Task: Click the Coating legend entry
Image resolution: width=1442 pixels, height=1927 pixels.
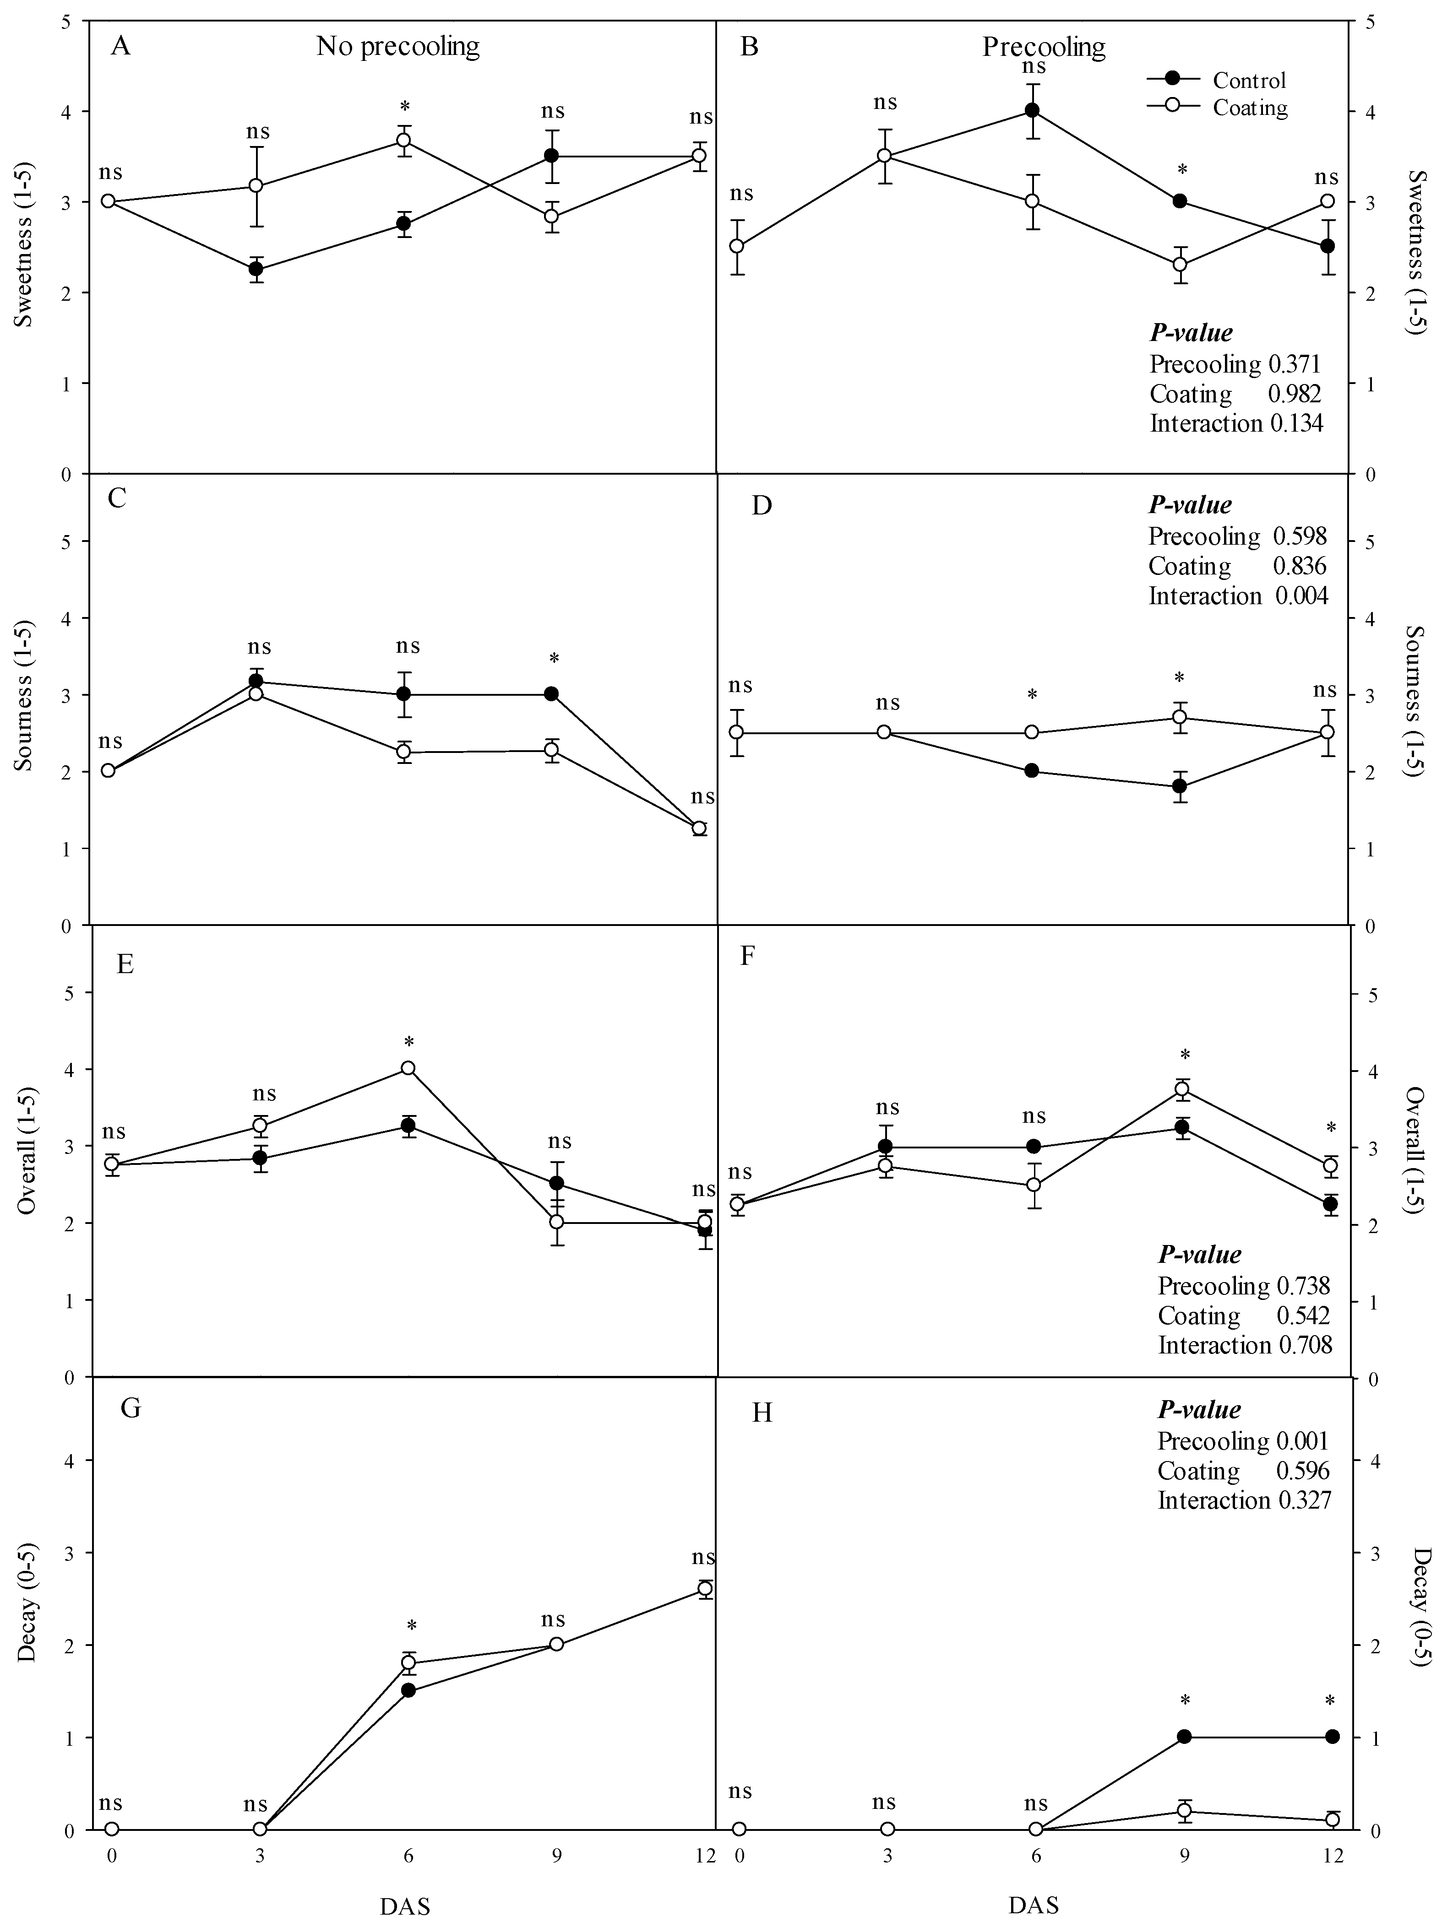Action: point(1249,108)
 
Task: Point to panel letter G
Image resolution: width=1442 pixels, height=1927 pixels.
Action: point(130,1409)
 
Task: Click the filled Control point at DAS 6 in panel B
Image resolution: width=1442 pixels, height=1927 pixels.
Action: point(1033,111)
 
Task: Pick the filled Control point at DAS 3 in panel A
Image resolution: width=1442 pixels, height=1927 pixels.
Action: point(256,269)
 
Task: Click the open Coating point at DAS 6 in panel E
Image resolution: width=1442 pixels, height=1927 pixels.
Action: point(408,1068)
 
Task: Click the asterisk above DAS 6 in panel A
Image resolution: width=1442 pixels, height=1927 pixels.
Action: point(405,107)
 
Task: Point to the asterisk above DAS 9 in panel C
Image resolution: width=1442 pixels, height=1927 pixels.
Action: point(553,659)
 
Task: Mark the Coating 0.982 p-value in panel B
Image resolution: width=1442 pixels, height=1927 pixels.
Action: point(1235,394)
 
